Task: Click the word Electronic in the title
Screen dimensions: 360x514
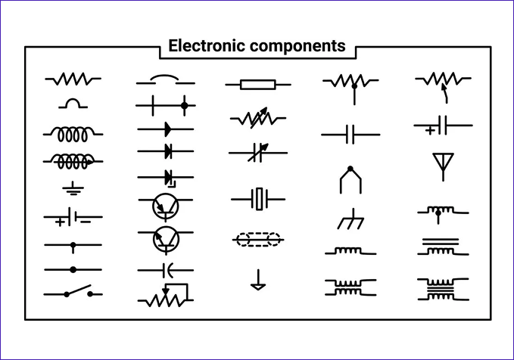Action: coord(202,46)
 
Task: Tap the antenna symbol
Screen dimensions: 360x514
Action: coord(442,166)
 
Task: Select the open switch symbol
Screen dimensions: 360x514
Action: coord(74,293)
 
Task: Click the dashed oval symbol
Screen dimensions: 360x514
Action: coord(257,240)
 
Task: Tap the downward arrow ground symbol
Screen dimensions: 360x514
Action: coord(258,282)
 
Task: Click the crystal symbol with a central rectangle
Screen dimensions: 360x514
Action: coord(259,200)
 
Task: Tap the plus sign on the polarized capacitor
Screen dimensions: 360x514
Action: coord(430,130)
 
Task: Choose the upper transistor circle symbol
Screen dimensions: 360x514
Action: coord(166,205)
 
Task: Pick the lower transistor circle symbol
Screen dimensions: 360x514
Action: coord(166,239)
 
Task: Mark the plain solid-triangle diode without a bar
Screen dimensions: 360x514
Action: coord(166,129)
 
